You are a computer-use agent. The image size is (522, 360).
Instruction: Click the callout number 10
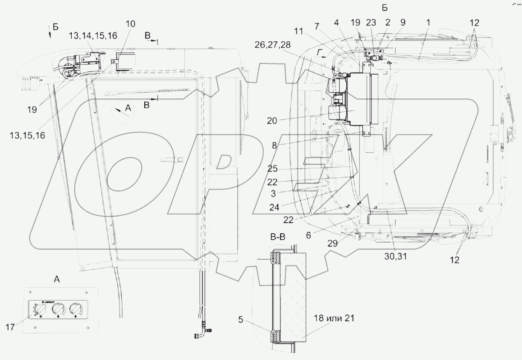(x=131, y=24)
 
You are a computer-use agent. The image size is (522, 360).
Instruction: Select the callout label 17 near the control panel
(x=10, y=327)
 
